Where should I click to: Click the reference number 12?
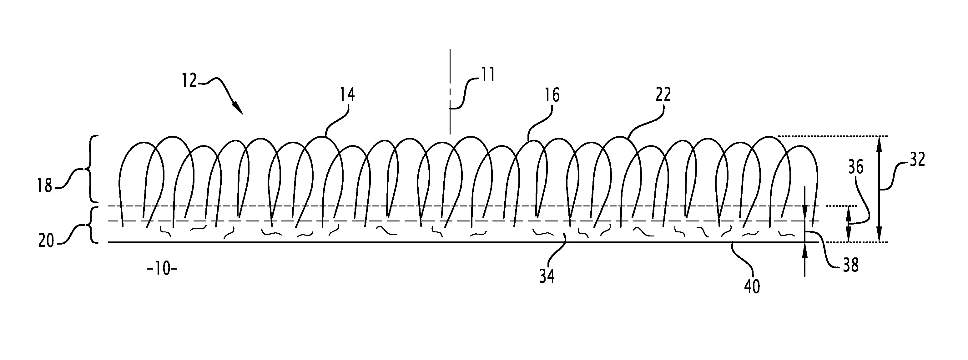click(190, 80)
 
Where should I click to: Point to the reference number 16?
click(552, 95)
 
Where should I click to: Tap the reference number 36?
click(856, 167)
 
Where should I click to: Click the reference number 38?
click(851, 266)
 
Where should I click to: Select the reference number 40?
click(752, 287)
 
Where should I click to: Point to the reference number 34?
click(547, 277)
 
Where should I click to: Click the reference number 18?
click(45, 186)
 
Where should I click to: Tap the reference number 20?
click(46, 241)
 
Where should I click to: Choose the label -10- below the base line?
click(162, 269)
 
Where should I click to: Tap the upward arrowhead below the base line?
click(804, 250)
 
